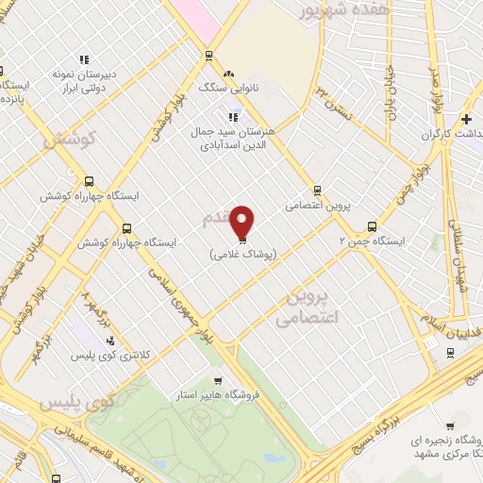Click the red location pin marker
pos(242,222)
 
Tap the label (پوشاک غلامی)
pos(242,254)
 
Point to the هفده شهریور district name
pos(330,12)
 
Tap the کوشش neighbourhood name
pos(72,138)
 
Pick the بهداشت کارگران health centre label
pos(443,135)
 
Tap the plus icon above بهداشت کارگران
pos(466,119)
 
